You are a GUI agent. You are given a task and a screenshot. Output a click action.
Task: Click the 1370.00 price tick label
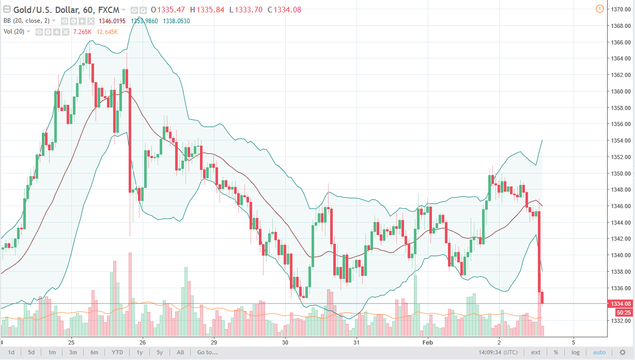(620, 9)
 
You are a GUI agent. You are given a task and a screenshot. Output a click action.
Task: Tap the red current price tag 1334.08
(621, 304)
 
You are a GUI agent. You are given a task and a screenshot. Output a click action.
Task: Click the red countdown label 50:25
(622, 312)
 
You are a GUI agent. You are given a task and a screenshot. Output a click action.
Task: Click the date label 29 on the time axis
(213, 342)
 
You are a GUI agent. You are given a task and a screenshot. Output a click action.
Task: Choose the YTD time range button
(117, 352)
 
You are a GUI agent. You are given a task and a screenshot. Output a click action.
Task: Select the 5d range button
(32, 352)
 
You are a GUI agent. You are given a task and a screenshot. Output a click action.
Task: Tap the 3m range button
(73, 352)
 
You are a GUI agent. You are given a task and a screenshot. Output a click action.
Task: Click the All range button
(180, 352)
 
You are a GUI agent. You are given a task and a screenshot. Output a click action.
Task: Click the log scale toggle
(576, 352)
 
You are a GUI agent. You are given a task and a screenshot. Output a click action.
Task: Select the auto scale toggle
(599, 352)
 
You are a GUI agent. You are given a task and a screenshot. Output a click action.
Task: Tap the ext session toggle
(536, 352)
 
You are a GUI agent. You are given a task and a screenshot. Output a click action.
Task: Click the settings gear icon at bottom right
(622, 352)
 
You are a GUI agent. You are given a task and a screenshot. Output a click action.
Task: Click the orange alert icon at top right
(599, 9)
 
